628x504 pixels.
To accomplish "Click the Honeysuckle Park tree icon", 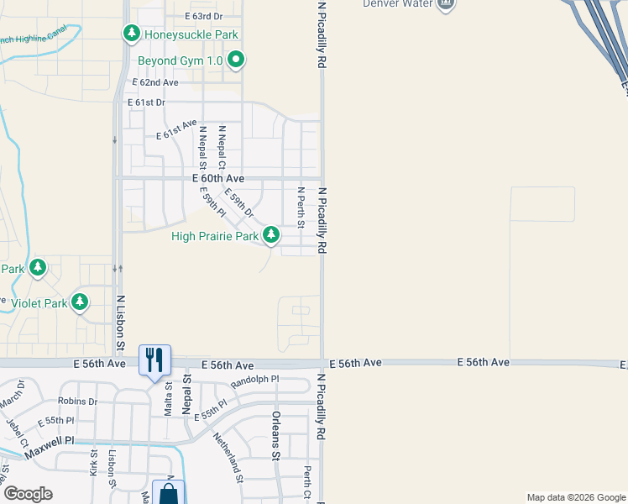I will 131,34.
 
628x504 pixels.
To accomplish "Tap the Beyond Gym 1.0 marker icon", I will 237,60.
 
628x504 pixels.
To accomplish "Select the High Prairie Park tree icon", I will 271,235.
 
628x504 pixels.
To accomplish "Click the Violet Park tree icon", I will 80,302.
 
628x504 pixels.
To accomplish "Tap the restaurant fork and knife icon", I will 154,360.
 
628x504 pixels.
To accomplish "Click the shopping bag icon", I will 169,494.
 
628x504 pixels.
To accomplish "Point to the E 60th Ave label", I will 218,179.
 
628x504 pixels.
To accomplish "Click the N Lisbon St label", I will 120,323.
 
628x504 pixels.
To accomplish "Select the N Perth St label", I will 301,207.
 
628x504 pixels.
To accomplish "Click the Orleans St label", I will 275,436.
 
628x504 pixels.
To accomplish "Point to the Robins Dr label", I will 78,402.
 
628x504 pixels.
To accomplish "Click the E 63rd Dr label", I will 203,16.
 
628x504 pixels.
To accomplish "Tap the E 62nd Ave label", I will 156,82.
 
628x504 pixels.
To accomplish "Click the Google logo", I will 28,494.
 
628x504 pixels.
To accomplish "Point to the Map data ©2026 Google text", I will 575,498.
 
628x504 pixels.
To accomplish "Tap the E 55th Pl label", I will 210,411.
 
